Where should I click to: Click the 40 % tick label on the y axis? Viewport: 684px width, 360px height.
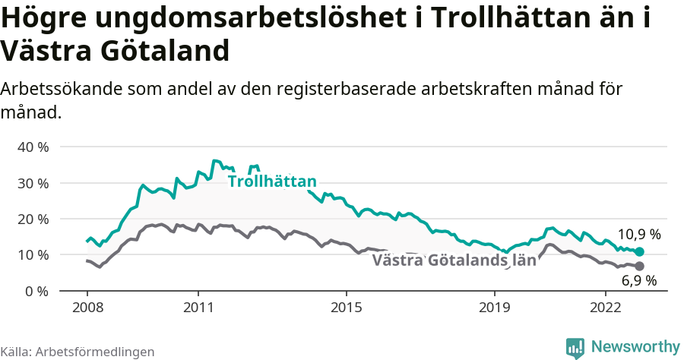click(x=33, y=147)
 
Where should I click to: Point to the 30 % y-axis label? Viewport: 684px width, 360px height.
click(x=33, y=183)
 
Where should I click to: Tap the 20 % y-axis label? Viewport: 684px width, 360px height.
click(x=33, y=219)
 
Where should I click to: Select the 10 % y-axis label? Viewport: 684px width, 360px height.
click(x=33, y=254)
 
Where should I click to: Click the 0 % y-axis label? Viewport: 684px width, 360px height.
click(x=36, y=291)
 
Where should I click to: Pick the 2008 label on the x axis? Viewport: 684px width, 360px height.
click(x=87, y=308)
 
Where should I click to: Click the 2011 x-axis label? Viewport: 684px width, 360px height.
click(x=198, y=308)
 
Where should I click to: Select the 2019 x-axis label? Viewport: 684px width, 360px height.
click(x=495, y=308)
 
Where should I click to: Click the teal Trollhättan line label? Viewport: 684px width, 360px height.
click(x=271, y=182)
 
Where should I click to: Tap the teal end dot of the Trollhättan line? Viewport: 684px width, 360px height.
click(x=639, y=251)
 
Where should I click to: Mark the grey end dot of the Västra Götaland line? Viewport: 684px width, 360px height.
click(x=639, y=266)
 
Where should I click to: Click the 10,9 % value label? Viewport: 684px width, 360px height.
click(x=639, y=234)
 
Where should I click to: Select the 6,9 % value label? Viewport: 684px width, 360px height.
click(x=639, y=281)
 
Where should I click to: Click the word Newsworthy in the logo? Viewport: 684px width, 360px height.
click(x=635, y=346)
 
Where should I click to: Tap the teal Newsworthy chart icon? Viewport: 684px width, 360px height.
click(x=575, y=347)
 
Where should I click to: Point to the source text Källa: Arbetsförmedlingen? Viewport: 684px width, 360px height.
click(x=78, y=352)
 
